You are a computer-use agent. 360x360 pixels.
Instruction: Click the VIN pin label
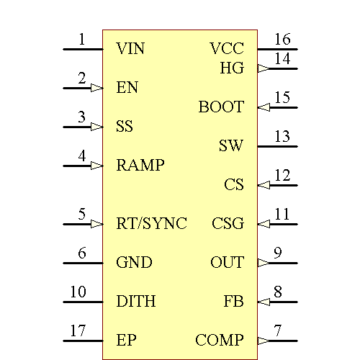[x=130, y=49]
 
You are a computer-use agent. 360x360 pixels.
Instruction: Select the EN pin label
[x=127, y=88]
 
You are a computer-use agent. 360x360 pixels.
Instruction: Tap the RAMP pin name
[x=140, y=166]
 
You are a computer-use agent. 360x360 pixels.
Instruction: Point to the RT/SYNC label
[x=151, y=224]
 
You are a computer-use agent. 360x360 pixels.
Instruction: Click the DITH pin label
[x=136, y=302]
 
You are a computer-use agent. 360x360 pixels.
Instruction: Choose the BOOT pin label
[x=221, y=107]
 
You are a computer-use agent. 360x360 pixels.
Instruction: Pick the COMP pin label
[x=220, y=341]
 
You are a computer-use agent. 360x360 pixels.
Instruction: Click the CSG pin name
[x=228, y=224]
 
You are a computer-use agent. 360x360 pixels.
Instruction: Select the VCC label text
[x=227, y=49]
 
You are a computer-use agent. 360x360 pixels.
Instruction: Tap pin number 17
[x=78, y=331]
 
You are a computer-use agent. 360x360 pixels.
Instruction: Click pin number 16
[x=282, y=40]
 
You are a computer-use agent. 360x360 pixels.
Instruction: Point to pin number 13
[x=282, y=137]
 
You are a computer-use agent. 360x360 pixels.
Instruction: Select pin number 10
[x=78, y=292]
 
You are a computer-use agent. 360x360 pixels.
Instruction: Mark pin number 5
[x=82, y=215]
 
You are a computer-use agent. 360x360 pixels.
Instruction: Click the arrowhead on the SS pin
[x=97, y=127]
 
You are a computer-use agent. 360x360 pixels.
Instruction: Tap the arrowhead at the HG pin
[x=264, y=68]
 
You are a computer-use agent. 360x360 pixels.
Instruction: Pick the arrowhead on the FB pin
[x=264, y=302]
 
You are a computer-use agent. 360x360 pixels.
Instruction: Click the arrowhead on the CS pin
[x=264, y=185]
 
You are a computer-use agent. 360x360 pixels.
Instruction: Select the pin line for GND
[x=83, y=263]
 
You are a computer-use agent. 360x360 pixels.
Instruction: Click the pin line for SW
[x=277, y=146]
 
